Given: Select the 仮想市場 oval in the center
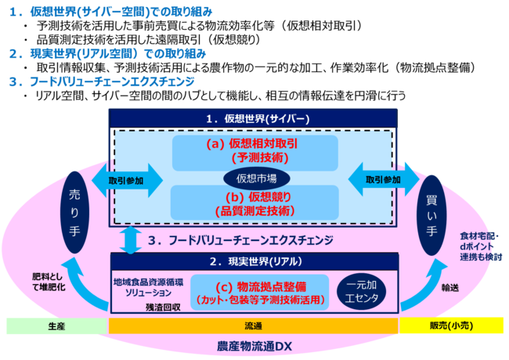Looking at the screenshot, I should (255, 177).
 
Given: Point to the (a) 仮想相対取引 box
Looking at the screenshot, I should (255, 151).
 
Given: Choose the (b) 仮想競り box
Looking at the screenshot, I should (255, 202).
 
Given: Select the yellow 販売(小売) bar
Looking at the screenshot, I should (453, 325).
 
